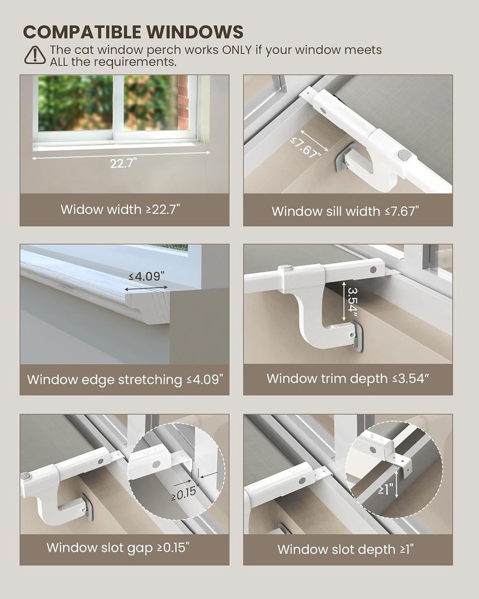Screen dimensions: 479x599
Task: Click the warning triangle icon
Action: tap(35, 55)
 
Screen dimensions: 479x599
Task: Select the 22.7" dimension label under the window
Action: tap(123, 163)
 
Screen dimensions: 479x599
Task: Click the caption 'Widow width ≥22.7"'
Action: tap(120, 209)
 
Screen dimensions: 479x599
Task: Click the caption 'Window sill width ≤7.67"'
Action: tap(345, 211)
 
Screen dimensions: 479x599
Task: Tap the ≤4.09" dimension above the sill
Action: tap(147, 276)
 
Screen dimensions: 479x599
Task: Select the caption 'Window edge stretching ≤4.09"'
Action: tap(125, 380)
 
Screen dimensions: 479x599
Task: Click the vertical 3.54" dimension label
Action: tap(353, 301)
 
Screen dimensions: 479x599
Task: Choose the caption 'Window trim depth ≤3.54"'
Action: tap(348, 379)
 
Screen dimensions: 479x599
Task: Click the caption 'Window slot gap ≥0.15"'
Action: tap(117, 548)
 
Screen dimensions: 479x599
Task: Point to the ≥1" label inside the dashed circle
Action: tap(385, 489)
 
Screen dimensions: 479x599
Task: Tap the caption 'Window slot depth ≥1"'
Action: tap(345, 549)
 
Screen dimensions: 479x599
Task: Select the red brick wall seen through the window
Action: tap(183, 102)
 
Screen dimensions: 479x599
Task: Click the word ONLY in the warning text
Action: tap(237, 50)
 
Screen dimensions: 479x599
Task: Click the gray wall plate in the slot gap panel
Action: tap(88, 508)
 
